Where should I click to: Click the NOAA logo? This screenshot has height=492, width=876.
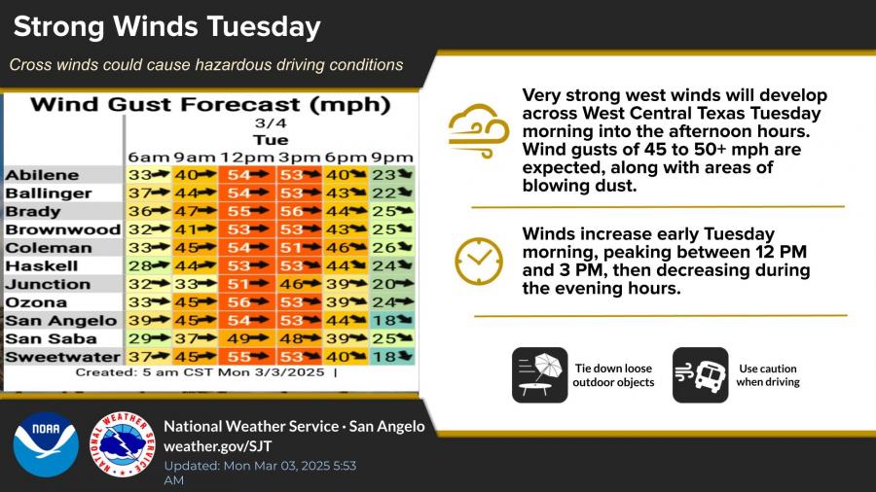[46, 444]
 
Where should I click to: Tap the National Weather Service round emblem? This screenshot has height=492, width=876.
[123, 444]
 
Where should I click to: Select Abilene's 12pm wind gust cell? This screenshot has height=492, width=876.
[247, 175]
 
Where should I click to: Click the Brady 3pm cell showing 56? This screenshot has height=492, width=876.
[299, 211]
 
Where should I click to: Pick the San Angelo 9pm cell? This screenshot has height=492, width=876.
[392, 321]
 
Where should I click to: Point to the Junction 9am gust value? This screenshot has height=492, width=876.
[195, 285]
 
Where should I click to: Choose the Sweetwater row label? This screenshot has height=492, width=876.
[62, 357]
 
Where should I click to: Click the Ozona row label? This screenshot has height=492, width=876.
[36, 302]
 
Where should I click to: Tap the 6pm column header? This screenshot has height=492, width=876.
[346, 158]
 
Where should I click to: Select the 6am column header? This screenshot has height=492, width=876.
[149, 158]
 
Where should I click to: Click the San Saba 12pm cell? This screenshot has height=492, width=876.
[247, 338]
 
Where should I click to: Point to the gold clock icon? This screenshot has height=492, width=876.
[479, 261]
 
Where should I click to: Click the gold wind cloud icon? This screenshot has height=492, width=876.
[479, 131]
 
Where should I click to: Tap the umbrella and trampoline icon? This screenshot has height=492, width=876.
[539, 375]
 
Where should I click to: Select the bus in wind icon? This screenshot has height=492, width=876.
[701, 375]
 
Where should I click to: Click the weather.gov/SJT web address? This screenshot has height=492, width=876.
[217, 446]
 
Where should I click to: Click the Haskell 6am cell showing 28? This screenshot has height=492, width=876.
[149, 266]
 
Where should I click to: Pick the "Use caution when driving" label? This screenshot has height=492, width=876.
[768, 375]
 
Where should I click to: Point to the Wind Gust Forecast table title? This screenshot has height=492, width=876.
[210, 105]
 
